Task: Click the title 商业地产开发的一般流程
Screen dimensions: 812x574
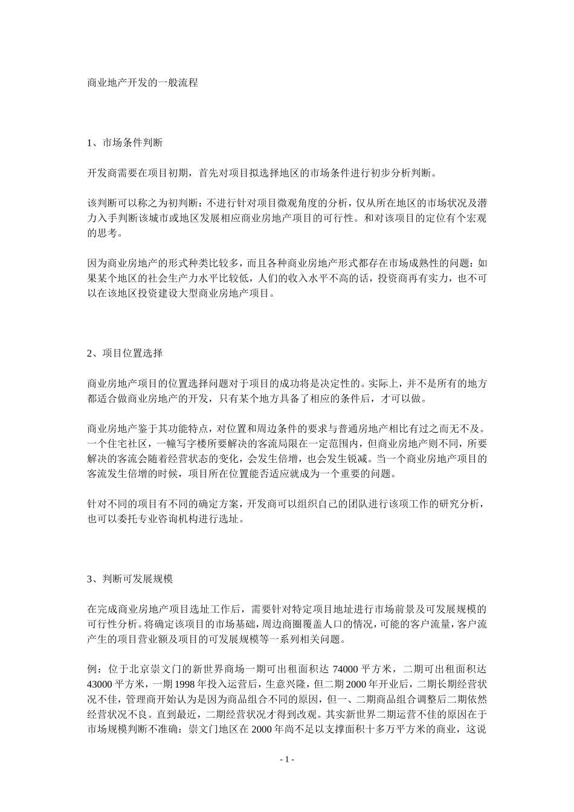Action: (x=143, y=83)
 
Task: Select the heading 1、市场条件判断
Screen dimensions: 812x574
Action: (x=124, y=143)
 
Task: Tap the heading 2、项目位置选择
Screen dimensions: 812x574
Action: (x=124, y=353)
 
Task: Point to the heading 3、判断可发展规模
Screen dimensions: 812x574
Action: (x=130, y=579)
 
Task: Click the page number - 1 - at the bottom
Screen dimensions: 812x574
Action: (x=286, y=759)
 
